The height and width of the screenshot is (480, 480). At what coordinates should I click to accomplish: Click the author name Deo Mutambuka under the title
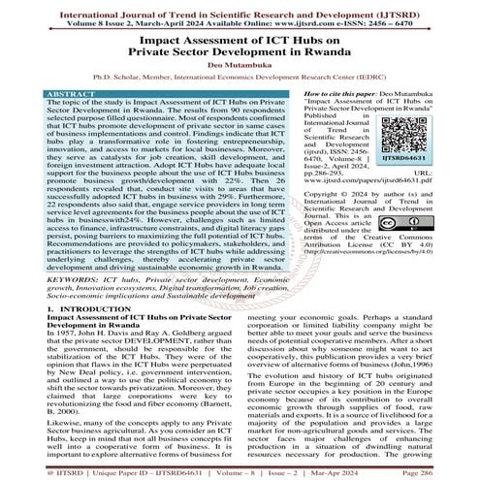240,63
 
